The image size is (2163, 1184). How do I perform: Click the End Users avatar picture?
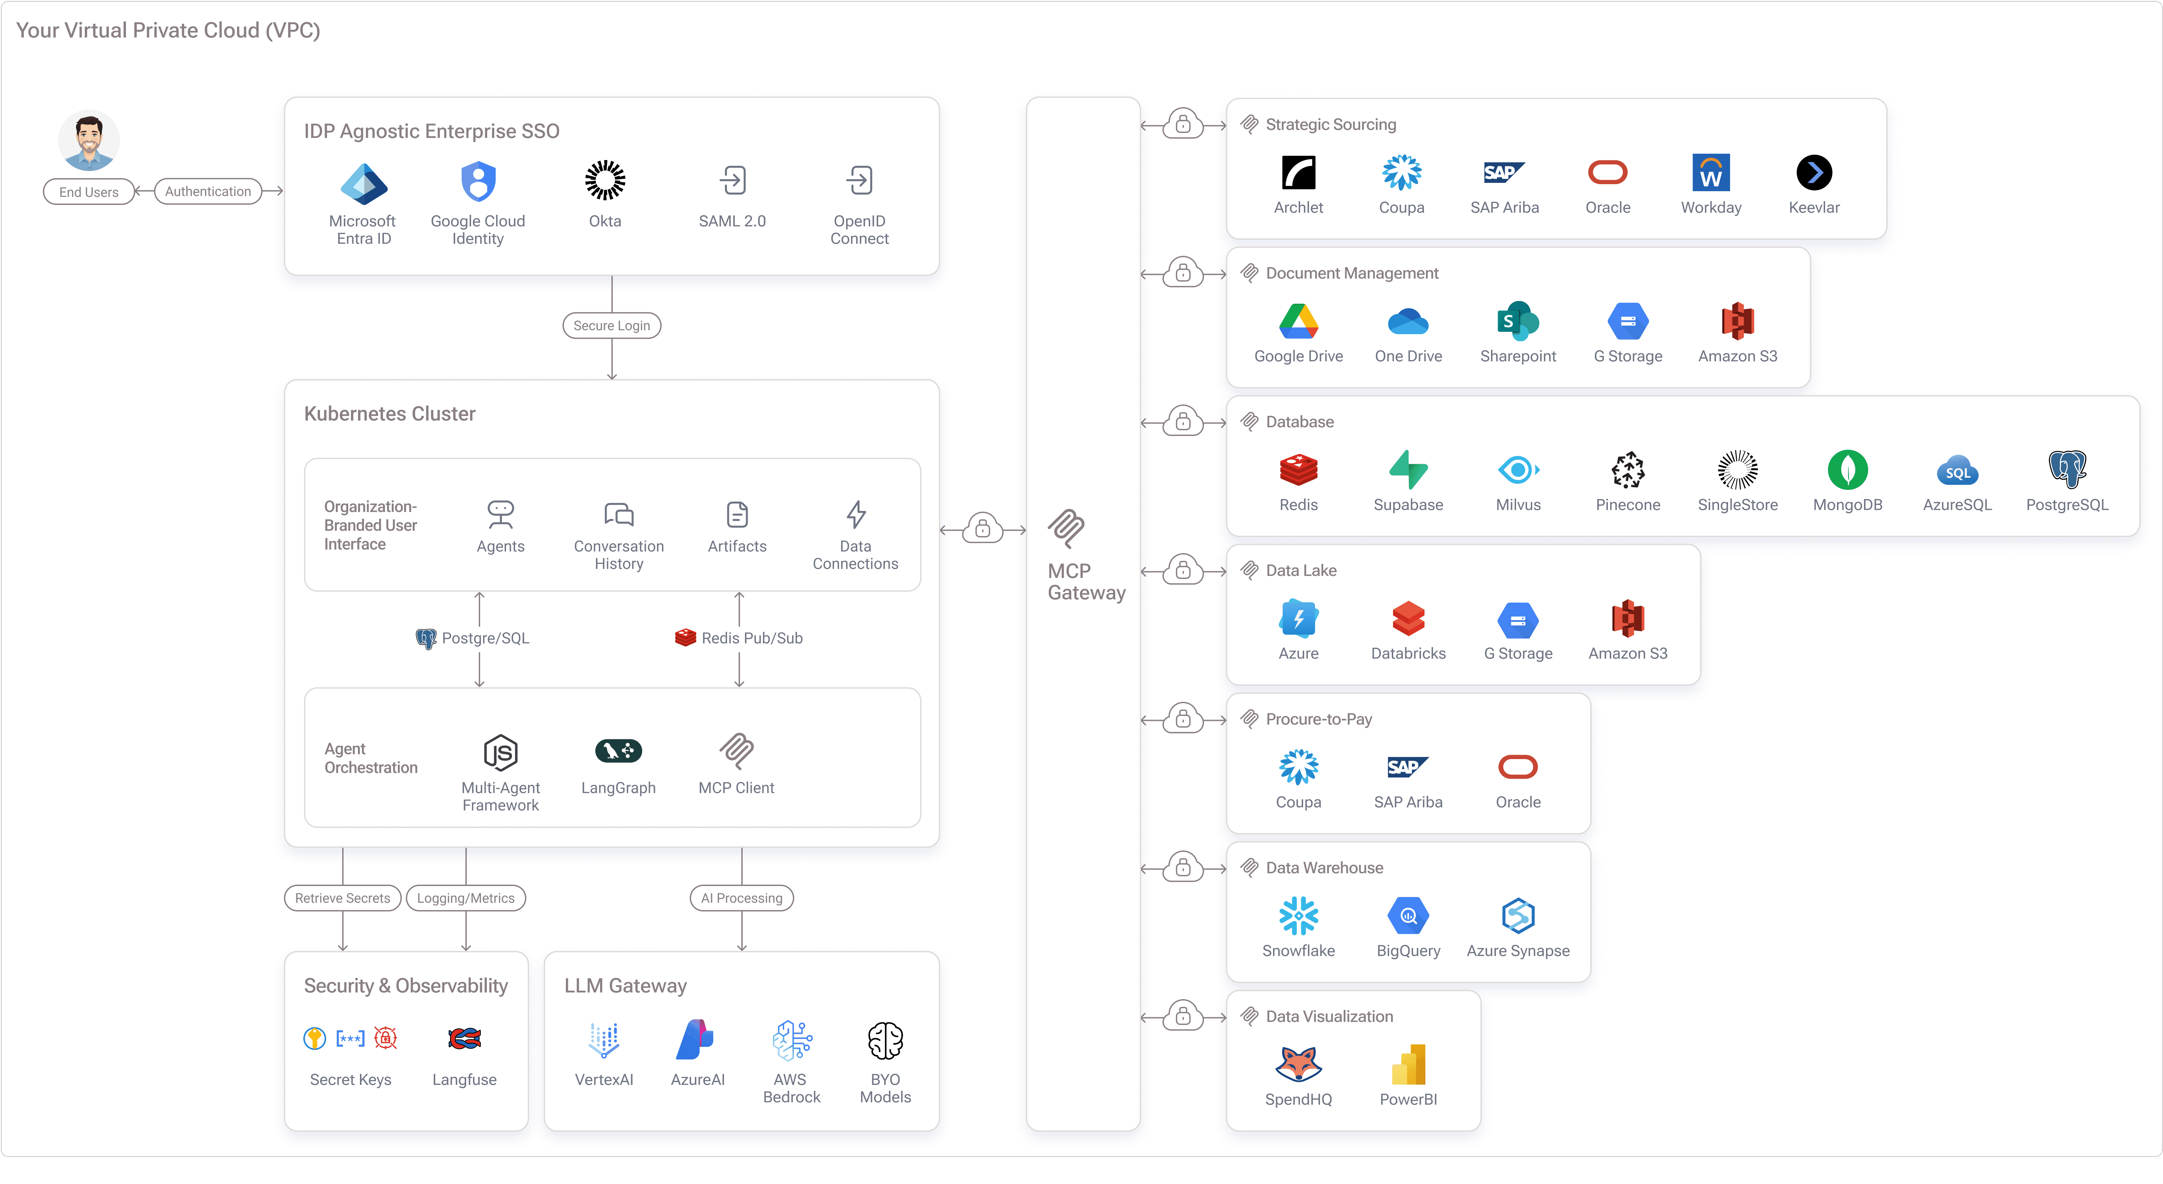point(89,140)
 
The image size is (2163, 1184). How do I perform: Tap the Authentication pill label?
point(207,192)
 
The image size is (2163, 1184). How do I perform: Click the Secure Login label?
point(611,326)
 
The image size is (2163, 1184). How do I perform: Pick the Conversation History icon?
point(619,514)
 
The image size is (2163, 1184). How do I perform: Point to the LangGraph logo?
point(618,751)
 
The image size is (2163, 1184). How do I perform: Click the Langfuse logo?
point(464,1039)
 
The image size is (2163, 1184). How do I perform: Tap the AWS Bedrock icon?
point(791,1041)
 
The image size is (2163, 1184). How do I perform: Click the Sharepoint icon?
point(1517,321)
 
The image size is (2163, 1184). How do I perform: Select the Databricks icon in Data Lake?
point(1408,619)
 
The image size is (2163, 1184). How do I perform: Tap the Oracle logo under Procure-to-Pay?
point(1517,767)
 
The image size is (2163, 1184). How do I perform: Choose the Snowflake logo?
point(1298,916)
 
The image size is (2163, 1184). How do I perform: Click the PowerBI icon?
point(1408,1065)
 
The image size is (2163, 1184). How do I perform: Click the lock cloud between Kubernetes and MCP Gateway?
point(982,529)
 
